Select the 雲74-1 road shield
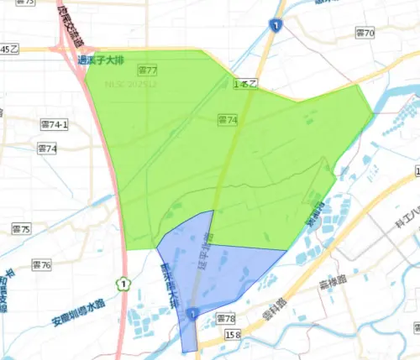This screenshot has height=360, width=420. pyautogui.click(x=54, y=124)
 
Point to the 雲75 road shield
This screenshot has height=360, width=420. pyautogui.click(x=21, y=228)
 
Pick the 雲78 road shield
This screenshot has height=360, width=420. pyautogui.click(x=226, y=319)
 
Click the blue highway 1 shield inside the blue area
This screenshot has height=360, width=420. pyautogui.click(x=193, y=314)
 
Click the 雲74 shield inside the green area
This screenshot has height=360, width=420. pyautogui.click(x=227, y=121)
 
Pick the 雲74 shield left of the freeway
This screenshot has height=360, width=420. pyautogui.click(x=48, y=149)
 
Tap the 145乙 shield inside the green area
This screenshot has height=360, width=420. pyautogui.click(x=245, y=84)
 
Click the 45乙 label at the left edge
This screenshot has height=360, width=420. pyautogui.click(x=9, y=50)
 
